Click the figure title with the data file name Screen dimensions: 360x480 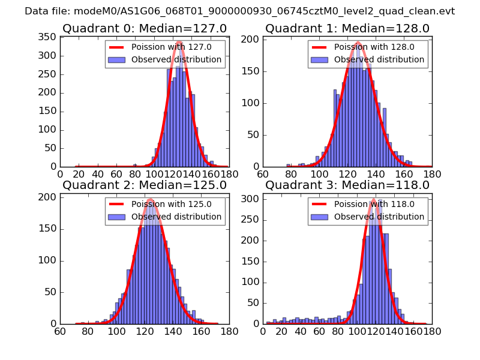(240, 11)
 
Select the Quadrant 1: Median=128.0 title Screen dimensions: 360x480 (347, 28)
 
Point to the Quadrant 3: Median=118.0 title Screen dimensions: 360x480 (347, 185)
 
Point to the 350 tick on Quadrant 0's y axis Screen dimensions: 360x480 (49, 37)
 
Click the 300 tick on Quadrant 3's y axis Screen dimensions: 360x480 (251, 198)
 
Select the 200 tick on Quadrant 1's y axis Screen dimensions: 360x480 (251, 39)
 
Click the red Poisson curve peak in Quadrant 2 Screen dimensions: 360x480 (149, 199)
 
